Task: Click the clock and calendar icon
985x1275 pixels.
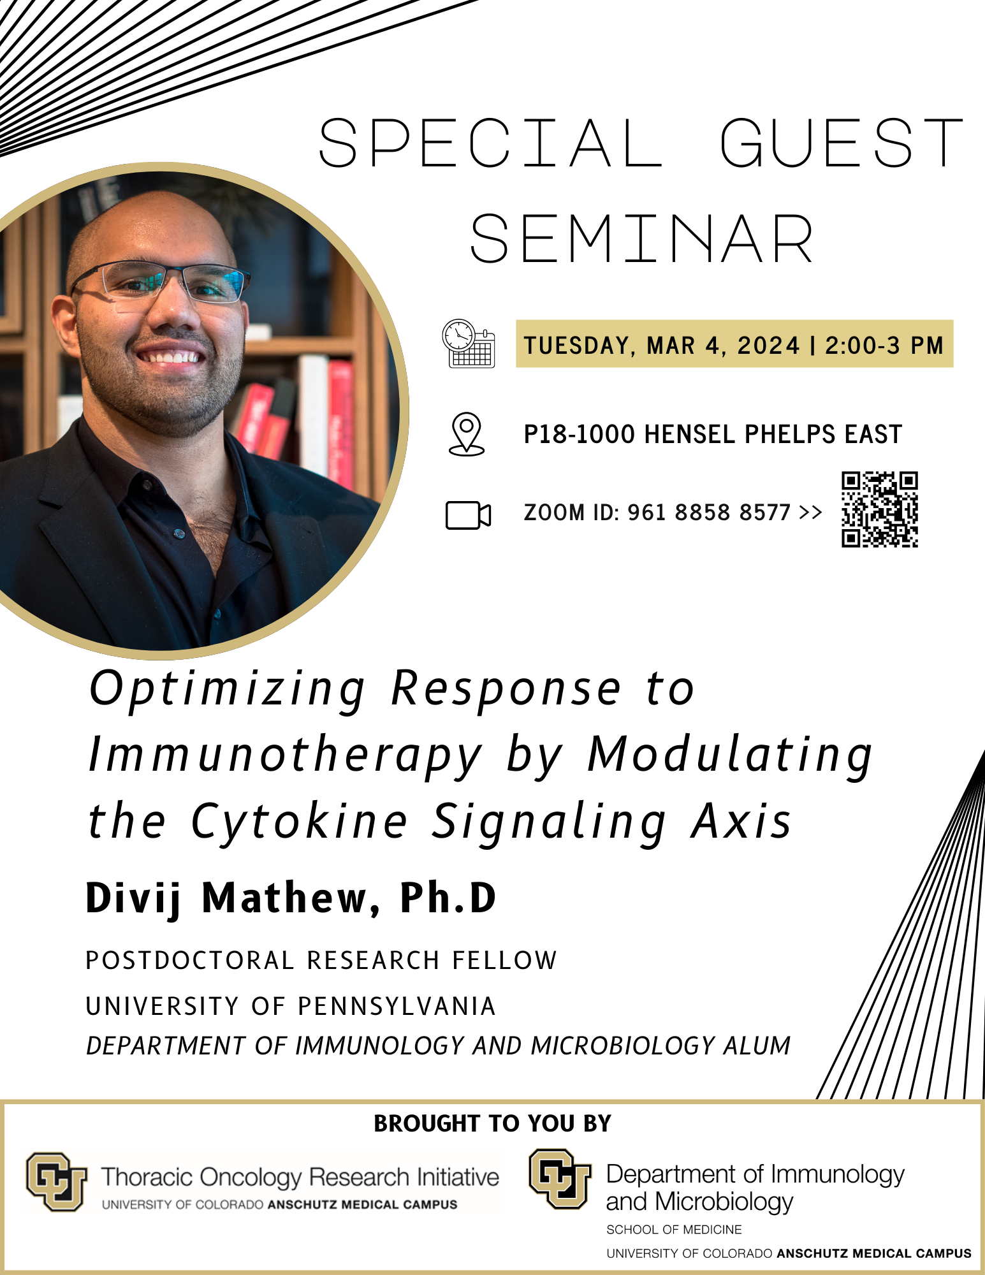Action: pos(469,344)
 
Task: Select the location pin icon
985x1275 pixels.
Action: pos(467,434)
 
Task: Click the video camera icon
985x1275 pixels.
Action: pos(468,515)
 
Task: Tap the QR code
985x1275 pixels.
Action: pos(879,509)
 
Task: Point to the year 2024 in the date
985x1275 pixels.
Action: pos(768,346)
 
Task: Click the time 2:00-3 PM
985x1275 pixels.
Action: pos(884,346)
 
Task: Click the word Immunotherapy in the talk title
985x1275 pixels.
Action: pos(285,755)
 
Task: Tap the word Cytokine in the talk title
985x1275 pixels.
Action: pos(300,821)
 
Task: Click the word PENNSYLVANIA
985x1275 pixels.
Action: pos(397,1007)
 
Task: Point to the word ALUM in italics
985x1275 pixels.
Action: pos(757,1046)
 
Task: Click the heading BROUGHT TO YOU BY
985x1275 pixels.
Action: pos(492,1123)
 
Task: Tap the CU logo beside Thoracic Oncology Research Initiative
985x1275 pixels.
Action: pos(56,1181)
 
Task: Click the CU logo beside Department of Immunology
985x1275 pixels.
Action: pos(560,1179)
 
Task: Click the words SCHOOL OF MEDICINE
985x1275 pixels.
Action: pos(674,1230)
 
